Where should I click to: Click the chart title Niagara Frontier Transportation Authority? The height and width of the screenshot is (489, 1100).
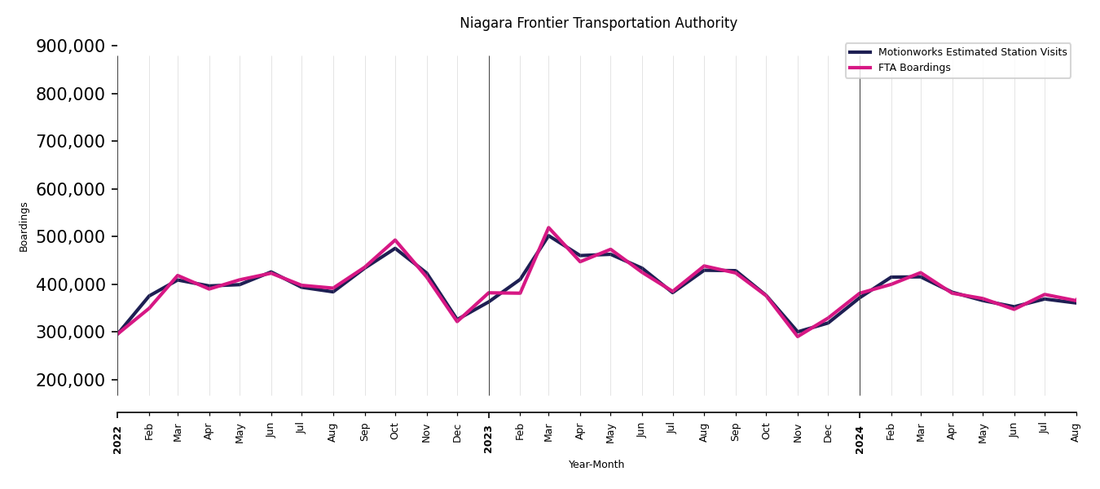pyautogui.click(x=598, y=24)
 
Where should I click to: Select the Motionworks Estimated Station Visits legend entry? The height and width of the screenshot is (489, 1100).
pyautogui.click(x=971, y=52)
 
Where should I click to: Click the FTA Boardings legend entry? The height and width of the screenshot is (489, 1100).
pyautogui.click(x=913, y=68)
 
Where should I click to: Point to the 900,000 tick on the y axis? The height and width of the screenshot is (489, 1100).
pyautogui.click(x=71, y=46)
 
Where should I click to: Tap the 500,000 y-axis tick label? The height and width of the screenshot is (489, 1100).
pyautogui.click(x=71, y=237)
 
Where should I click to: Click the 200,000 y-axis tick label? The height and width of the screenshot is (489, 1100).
pyautogui.click(x=71, y=381)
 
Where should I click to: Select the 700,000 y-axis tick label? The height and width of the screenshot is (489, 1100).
pyautogui.click(x=71, y=142)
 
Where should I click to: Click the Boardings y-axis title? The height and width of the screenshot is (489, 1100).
pyautogui.click(x=24, y=227)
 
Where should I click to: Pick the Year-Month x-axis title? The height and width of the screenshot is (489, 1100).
pyautogui.click(x=596, y=465)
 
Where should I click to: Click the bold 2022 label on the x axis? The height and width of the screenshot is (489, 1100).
pyautogui.click(x=117, y=439)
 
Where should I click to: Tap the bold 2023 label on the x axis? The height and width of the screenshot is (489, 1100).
pyautogui.click(x=489, y=439)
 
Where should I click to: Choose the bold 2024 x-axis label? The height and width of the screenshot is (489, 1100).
pyautogui.click(x=860, y=439)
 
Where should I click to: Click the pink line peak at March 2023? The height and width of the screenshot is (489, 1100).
pyautogui.click(x=548, y=228)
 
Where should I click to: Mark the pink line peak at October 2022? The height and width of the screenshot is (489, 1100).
pyautogui.click(x=395, y=240)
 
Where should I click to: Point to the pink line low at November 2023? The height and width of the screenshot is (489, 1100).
pyautogui.click(x=798, y=336)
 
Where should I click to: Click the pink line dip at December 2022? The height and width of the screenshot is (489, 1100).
pyautogui.click(x=457, y=321)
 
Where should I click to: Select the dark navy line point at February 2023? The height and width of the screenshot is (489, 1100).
pyautogui.click(x=520, y=280)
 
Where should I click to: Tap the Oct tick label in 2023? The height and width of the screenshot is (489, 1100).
pyautogui.click(x=766, y=433)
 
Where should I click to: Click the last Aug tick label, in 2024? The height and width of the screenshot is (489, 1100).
pyautogui.click(x=1076, y=433)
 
